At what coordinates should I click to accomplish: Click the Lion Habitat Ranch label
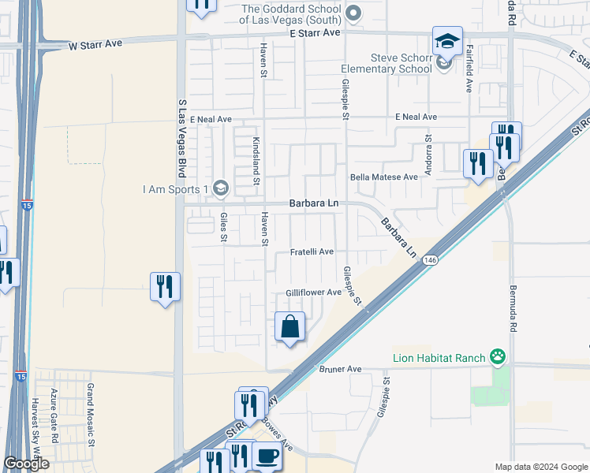[439, 359]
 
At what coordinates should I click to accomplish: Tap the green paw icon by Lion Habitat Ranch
[497, 358]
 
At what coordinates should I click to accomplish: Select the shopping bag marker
[290, 326]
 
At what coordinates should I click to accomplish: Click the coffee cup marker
[267, 457]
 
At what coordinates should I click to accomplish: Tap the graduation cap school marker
[447, 41]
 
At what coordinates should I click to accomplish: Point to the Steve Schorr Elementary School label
[401, 63]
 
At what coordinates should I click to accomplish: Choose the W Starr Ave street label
[95, 44]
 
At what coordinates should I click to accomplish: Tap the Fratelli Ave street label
[311, 251]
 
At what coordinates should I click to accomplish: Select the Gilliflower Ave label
[313, 292]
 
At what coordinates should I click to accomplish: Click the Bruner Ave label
[340, 369]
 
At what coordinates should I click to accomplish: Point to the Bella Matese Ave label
[384, 177]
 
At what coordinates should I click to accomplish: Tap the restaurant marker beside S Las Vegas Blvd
[165, 286]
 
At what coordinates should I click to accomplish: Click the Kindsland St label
[256, 160]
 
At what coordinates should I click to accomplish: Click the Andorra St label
[429, 155]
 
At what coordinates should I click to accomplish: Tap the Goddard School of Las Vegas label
[291, 13]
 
